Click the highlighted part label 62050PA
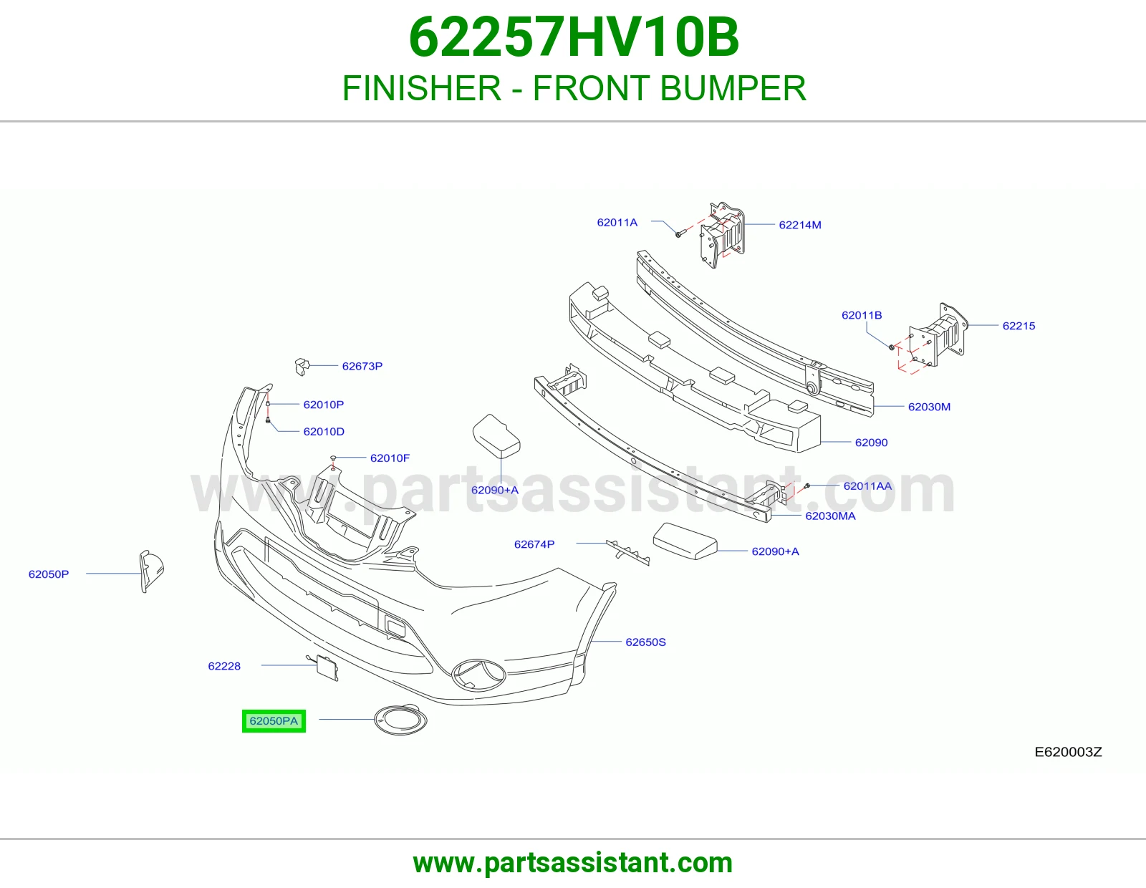click(274, 721)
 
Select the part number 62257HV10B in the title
click(574, 37)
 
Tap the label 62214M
click(800, 225)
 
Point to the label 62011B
click(862, 315)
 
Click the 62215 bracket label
click(1019, 326)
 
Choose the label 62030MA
click(830, 516)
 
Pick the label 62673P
click(362, 366)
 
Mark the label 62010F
click(390, 458)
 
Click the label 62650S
click(645, 642)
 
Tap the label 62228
click(224, 666)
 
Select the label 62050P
click(49, 574)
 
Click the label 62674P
click(534, 544)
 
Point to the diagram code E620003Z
click(1068, 752)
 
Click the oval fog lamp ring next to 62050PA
click(375, 719)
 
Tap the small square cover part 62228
click(327, 668)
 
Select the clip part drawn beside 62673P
click(302, 367)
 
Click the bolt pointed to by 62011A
click(679, 234)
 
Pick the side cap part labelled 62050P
click(150, 571)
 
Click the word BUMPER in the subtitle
click(733, 88)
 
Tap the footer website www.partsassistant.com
click(573, 863)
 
